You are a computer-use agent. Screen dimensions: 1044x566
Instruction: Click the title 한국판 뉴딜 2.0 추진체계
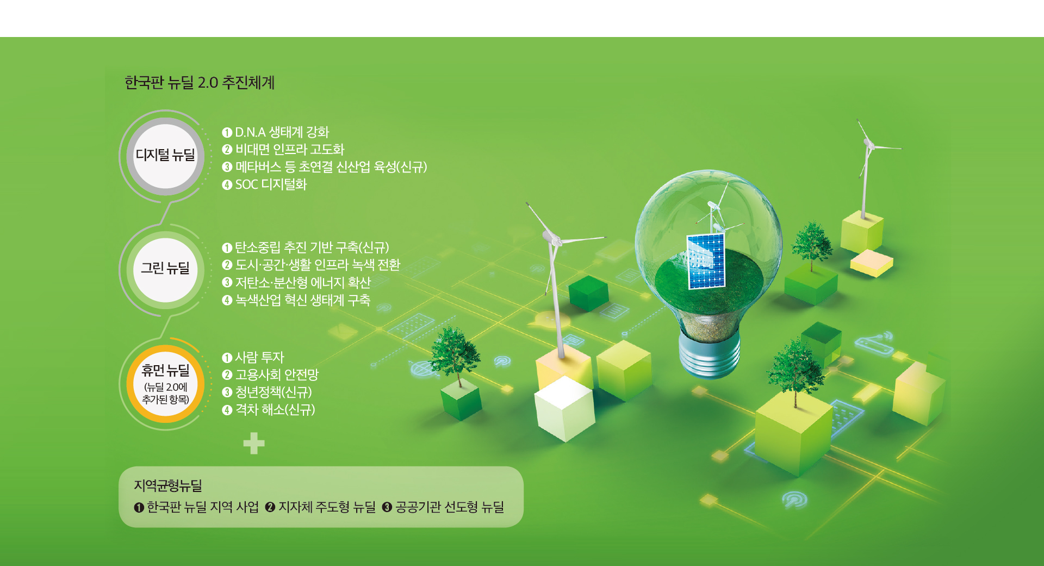[x=200, y=83]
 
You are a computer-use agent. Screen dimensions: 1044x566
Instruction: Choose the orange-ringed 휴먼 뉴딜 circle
[x=165, y=384]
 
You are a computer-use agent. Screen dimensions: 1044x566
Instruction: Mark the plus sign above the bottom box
[x=254, y=444]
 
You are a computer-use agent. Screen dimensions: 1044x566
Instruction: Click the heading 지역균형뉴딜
[x=167, y=485]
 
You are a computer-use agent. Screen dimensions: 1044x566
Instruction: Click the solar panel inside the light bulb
[x=706, y=261]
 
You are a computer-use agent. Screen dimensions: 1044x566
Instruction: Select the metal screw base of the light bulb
[x=710, y=354]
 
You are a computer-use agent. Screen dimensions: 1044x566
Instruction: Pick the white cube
[x=564, y=408]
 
